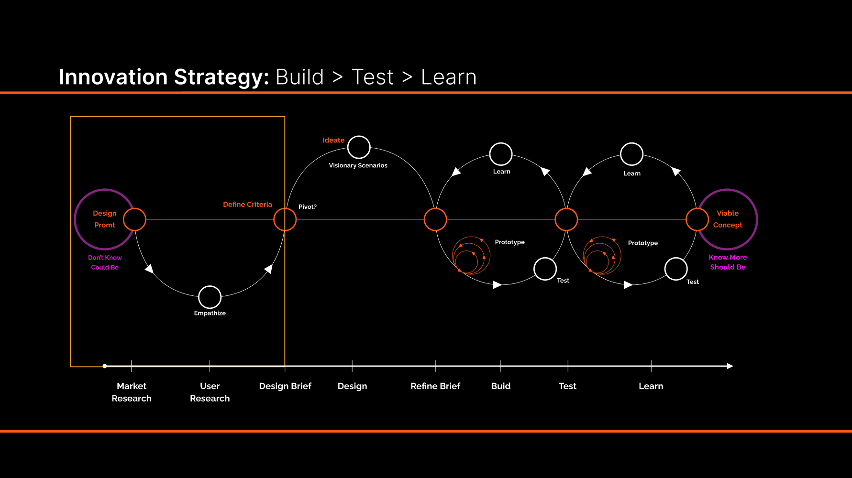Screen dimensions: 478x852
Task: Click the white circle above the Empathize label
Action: [x=210, y=297]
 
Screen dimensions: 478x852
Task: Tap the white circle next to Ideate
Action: [x=359, y=147]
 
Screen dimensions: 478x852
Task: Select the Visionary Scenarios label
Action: [x=358, y=165]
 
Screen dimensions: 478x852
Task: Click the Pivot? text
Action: [x=308, y=207]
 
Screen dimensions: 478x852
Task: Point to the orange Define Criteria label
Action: [x=247, y=205]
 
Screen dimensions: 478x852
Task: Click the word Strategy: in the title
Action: [x=221, y=77]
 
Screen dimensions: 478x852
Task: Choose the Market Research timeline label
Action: [x=132, y=392]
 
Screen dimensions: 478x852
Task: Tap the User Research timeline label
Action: [x=210, y=392]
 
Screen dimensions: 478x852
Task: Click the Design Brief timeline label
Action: [x=285, y=386]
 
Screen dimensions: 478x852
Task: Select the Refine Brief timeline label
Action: [x=435, y=386]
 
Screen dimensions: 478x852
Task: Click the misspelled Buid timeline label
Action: [x=501, y=386]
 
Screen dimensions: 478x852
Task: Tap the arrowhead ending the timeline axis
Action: [x=730, y=366]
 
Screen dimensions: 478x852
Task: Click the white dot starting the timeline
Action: [x=105, y=366]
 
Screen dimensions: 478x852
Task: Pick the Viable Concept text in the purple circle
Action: [x=728, y=219]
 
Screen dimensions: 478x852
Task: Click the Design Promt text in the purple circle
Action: [x=104, y=219]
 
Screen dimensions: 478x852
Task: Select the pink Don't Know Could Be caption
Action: [x=105, y=262]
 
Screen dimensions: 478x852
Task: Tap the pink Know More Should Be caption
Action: [x=728, y=262]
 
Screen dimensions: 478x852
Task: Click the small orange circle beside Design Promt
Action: [x=134, y=219]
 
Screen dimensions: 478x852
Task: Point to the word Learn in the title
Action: [x=448, y=77]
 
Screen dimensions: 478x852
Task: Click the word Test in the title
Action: [x=372, y=77]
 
